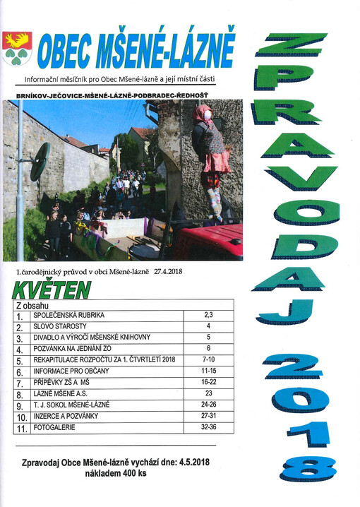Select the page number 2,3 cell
(208, 316)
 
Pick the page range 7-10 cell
(208, 360)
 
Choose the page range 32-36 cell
(208, 427)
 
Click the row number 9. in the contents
(19, 405)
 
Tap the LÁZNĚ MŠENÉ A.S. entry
(63, 394)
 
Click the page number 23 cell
(208, 394)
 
